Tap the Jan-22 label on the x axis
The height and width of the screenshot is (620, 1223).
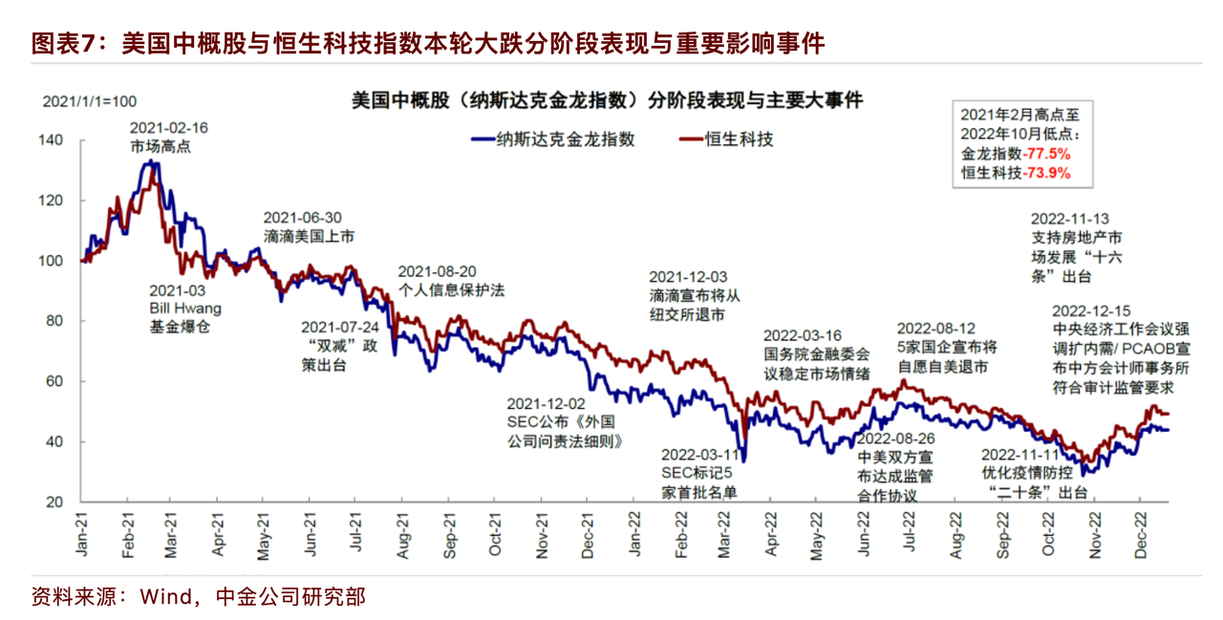point(633,531)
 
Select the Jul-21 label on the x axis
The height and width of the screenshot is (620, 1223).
point(355,529)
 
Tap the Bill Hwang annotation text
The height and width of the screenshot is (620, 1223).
point(185,309)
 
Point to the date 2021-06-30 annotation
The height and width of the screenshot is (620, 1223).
point(302,217)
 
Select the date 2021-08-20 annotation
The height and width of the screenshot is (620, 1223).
point(437,270)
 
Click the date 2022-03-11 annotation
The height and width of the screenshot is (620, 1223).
point(700,454)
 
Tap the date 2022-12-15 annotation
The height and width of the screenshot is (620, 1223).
point(1091,310)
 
